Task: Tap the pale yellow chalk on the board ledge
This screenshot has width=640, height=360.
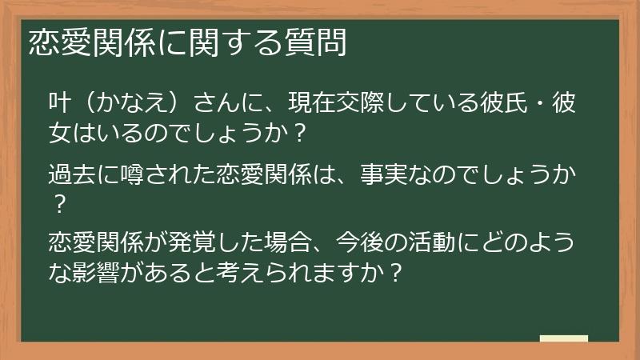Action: (x=563, y=338)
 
